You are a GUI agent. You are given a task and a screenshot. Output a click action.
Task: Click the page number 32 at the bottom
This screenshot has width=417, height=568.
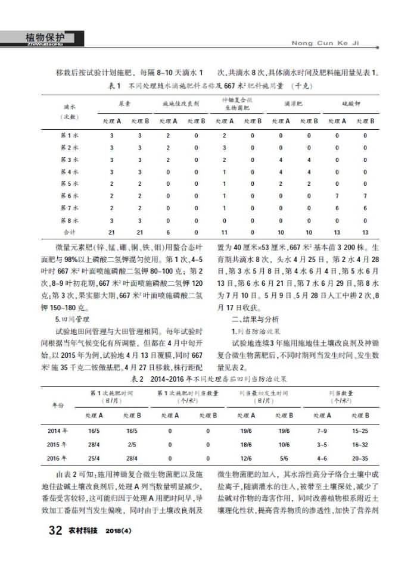tap(54, 530)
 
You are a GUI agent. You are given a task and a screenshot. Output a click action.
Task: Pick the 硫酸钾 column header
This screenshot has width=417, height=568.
tap(351, 104)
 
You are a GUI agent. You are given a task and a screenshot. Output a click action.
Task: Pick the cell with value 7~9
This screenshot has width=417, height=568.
tap(322, 430)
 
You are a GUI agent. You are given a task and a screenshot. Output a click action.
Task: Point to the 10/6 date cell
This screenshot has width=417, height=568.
tap(284, 445)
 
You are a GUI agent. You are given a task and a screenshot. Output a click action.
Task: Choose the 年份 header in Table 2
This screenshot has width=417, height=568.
tap(57, 404)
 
